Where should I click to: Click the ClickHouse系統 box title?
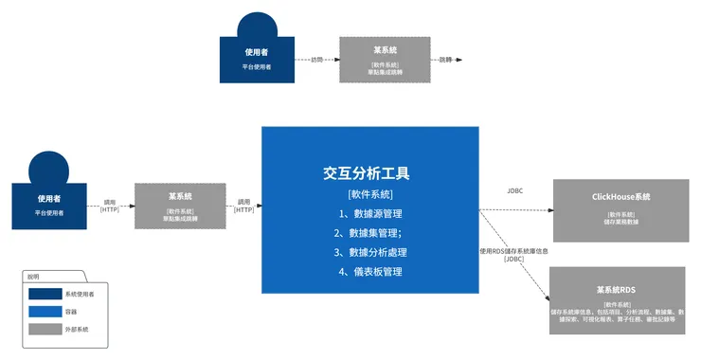(620, 196)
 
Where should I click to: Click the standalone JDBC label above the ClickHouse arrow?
(514, 190)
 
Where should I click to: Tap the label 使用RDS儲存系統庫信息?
(513, 251)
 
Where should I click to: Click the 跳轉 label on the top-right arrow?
(445, 59)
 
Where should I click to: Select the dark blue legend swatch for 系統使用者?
(45, 295)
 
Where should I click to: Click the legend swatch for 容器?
(45, 312)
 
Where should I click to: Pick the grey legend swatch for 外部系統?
(45, 329)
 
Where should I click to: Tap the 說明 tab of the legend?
(34, 278)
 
